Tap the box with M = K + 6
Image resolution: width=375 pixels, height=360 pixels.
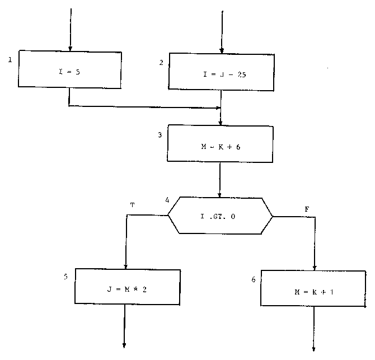pyautogui.click(x=221, y=145)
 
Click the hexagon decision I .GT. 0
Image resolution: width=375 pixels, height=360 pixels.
pyautogui.click(x=221, y=216)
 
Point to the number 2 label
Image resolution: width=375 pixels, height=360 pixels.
pyautogui.click(x=161, y=62)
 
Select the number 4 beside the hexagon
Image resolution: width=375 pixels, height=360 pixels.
pyautogui.click(x=167, y=200)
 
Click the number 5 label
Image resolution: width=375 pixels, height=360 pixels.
pyautogui.click(x=66, y=277)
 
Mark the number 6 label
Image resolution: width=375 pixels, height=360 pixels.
pyautogui.click(x=254, y=279)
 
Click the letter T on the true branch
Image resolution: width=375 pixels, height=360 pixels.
pyautogui.click(x=132, y=205)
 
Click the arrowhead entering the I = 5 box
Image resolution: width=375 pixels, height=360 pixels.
pyautogui.click(x=70, y=47)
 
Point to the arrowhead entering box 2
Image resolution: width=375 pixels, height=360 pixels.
pyautogui.click(x=222, y=49)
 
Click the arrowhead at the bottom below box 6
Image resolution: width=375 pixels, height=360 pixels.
pyautogui.click(x=314, y=348)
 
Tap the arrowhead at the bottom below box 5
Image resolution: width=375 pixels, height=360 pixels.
pyautogui.click(x=124, y=344)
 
